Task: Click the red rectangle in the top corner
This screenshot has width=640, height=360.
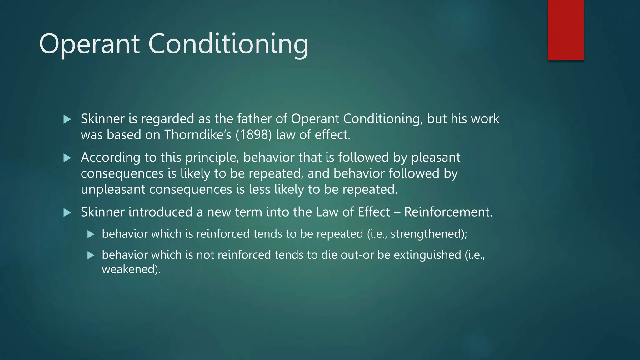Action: click(x=566, y=30)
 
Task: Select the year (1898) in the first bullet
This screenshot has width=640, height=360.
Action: click(x=254, y=135)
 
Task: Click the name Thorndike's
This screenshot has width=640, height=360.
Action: click(x=198, y=135)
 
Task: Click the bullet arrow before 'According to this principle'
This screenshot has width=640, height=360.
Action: click(x=67, y=158)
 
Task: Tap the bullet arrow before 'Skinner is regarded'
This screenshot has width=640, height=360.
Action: click(x=67, y=119)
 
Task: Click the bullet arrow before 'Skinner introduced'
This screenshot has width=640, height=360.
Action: click(x=67, y=213)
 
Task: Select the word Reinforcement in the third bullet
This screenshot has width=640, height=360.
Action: click(x=448, y=212)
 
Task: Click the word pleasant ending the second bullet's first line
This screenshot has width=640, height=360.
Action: click(x=436, y=157)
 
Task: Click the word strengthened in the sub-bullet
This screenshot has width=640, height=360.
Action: click(x=427, y=234)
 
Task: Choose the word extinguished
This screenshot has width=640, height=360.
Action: click(x=427, y=255)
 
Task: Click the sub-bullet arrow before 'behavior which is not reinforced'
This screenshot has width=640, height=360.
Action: click(x=91, y=255)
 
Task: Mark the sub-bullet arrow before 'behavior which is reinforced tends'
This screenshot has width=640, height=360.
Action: click(x=91, y=234)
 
